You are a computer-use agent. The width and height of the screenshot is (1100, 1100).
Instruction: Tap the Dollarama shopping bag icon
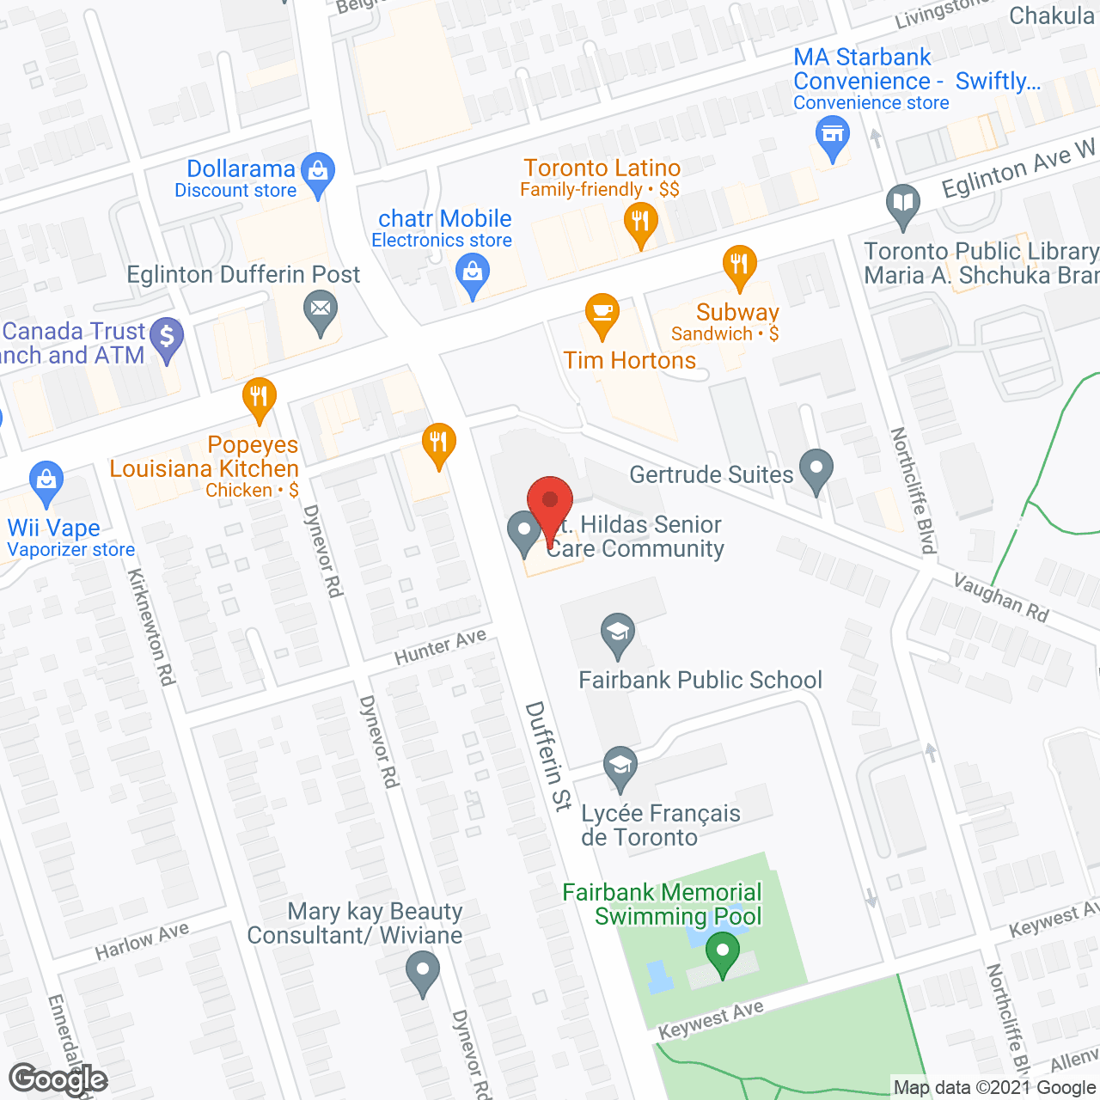coord(318,172)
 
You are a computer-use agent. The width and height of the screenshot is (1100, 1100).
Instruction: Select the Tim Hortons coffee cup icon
coord(602,313)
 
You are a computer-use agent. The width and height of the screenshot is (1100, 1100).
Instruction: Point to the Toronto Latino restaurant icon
coord(640,222)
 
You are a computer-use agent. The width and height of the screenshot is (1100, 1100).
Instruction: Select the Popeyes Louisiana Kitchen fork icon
coord(259,397)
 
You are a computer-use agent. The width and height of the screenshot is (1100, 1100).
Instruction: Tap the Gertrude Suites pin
coord(816,470)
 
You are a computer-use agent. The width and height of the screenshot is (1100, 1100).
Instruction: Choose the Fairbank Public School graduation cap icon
coord(617,634)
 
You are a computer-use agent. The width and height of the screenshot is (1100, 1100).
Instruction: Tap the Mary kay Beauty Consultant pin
coord(422,973)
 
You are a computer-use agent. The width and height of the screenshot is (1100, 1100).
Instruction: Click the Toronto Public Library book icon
coord(903,204)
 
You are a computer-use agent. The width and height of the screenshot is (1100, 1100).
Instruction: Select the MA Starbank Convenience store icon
coord(832,136)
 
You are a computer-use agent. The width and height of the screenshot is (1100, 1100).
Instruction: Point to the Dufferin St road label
coord(548,756)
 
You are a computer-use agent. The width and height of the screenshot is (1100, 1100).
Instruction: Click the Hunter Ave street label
coord(440,646)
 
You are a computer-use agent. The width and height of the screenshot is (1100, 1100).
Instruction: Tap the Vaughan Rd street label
coord(1001,598)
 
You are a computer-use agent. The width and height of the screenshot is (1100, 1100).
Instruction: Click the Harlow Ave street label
coord(142,941)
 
